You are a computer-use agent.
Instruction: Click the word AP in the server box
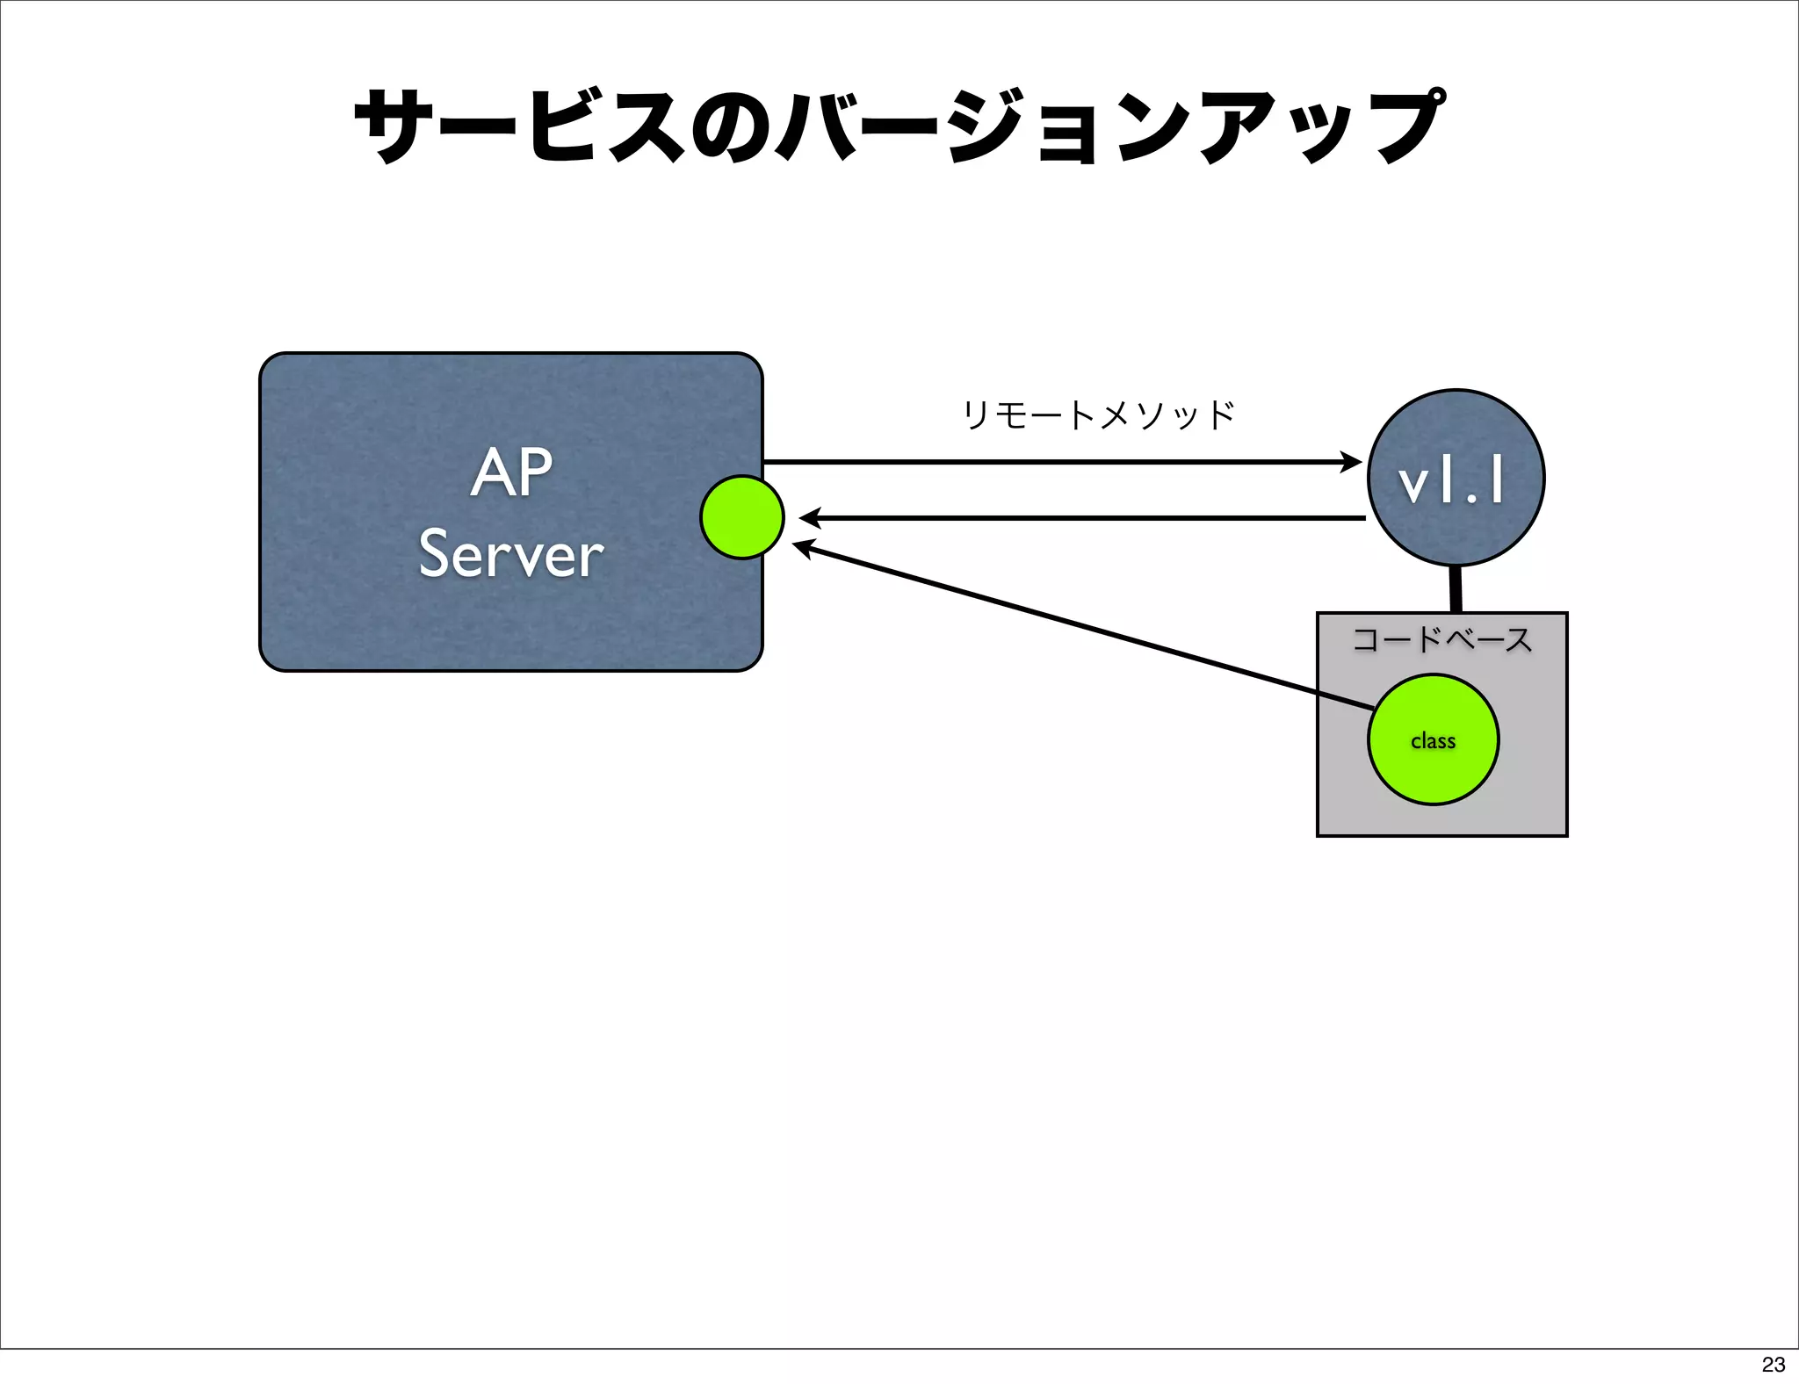pos(511,472)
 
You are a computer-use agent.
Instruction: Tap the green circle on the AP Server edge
pos(742,517)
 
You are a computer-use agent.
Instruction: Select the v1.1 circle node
pos(1456,478)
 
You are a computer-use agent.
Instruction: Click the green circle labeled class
pos(1433,739)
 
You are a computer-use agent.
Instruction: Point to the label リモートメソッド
pos(1098,414)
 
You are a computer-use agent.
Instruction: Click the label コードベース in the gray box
pos(1441,638)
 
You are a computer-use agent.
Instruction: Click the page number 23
pos(1773,1364)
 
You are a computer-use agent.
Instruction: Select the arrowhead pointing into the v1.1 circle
pos(1351,462)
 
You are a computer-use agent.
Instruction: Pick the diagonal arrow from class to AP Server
pos(1080,625)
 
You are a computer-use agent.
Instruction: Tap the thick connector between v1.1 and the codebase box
pos(1455,589)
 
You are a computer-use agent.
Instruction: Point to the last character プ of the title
pos(1410,126)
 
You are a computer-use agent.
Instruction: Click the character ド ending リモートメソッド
pos(1221,414)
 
